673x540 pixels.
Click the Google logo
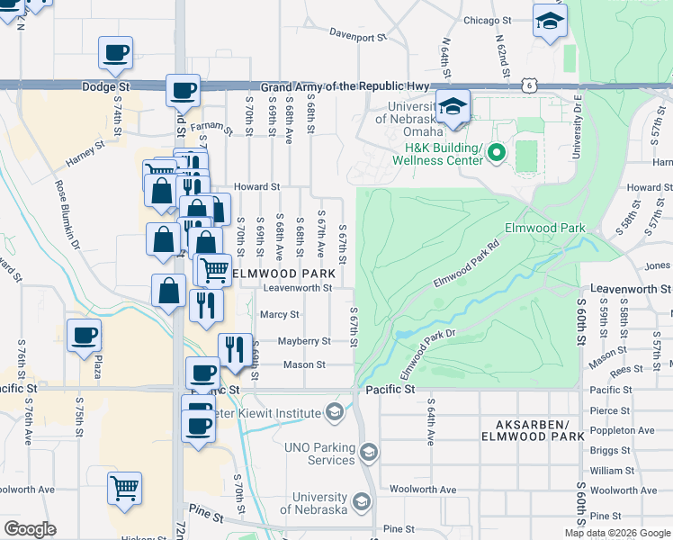(x=30, y=529)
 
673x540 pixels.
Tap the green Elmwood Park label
(x=546, y=228)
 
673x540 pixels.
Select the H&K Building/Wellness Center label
(x=444, y=154)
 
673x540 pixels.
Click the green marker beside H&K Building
(x=496, y=154)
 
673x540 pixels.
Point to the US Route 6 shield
(x=530, y=85)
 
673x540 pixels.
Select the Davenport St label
(x=357, y=38)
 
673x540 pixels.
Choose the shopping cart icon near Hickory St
(x=125, y=488)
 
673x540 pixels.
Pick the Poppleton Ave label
(x=621, y=430)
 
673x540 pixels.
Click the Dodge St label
(x=105, y=87)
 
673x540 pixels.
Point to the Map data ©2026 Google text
(x=616, y=532)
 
